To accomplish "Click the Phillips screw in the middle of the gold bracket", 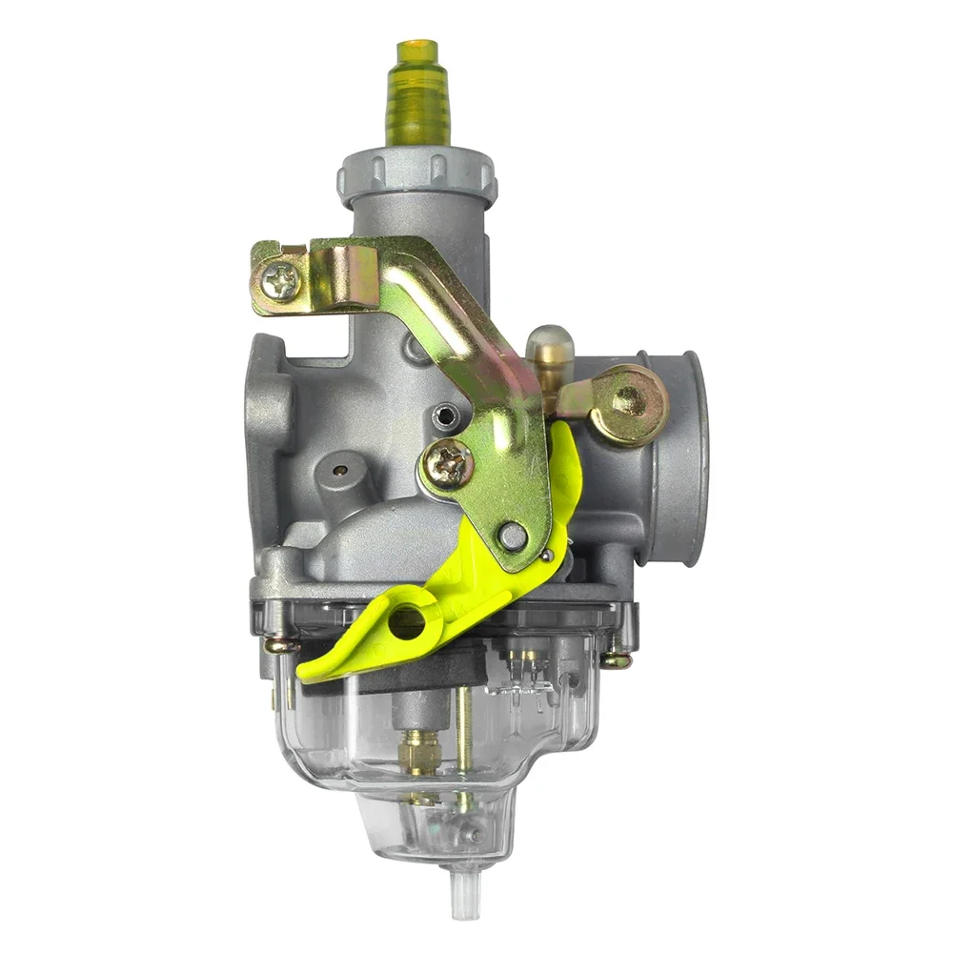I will (449, 464).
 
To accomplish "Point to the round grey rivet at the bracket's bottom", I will (513, 537).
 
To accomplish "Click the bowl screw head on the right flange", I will (617, 659).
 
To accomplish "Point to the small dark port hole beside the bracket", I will (440, 416).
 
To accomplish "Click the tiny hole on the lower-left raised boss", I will (338, 469).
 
